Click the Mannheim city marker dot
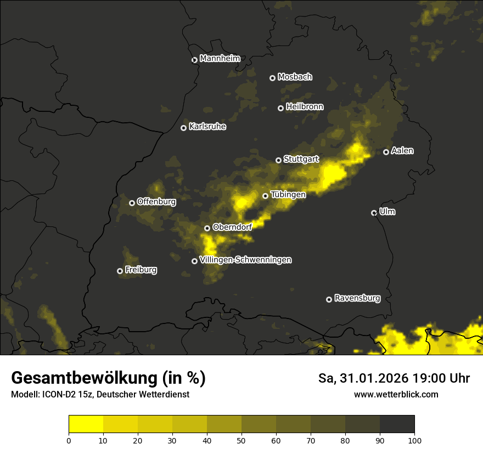[x=194, y=60]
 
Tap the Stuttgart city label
[x=301, y=160]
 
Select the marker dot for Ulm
[x=374, y=213]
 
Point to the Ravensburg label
[x=357, y=298]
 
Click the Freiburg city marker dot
[x=120, y=271]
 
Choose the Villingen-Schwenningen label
[x=245, y=260]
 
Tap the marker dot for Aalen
[x=386, y=152]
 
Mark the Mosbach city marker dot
[x=272, y=78]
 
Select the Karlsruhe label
[x=207, y=127]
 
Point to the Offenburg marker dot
[x=132, y=203]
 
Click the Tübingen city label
[x=288, y=194]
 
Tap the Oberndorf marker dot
[x=207, y=228]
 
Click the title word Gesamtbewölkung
[x=83, y=378]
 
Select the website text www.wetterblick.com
[x=396, y=394]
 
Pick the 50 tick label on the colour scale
[x=241, y=440]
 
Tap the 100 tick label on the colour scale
[x=414, y=440]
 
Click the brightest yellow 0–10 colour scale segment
[x=86, y=424]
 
